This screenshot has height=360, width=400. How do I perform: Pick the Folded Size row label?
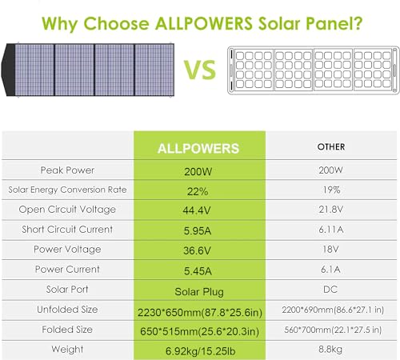pos(68,329)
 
